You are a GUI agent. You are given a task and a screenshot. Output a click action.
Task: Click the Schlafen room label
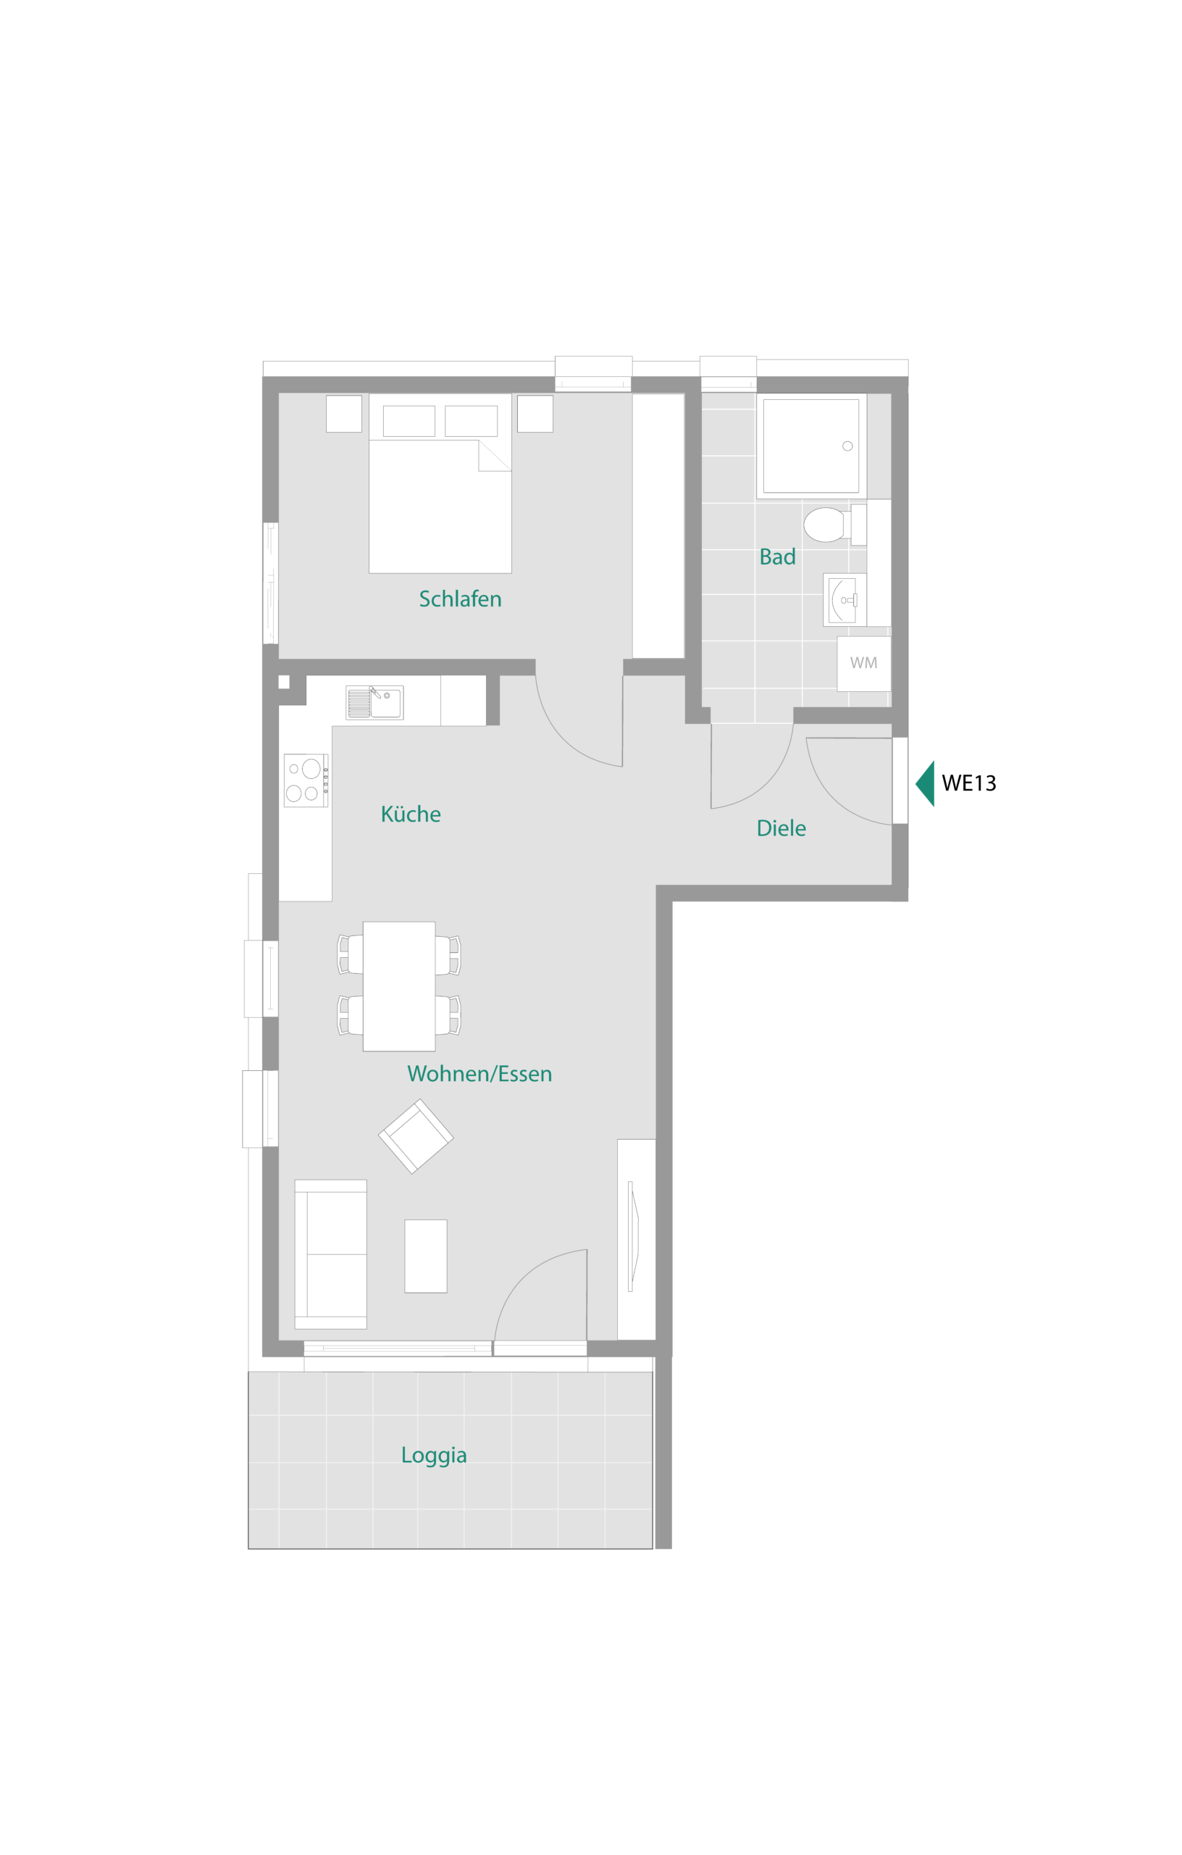pyautogui.click(x=460, y=599)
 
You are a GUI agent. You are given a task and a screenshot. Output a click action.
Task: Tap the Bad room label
pyautogui.click(x=777, y=556)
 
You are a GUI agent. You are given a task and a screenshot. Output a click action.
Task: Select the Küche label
pyautogui.click(x=411, y=814)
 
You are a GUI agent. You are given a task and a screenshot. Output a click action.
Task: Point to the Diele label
pyautogui.click(x=781, y=828)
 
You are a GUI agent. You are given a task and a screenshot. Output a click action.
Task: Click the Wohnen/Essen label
pyautogui.click(x=479, y=1074)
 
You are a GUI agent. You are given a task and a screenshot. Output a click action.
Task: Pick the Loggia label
pyautogui.click(x=434, y=1455)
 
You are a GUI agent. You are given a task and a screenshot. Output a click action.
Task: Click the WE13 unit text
pyautogui.click(x=968, y=783)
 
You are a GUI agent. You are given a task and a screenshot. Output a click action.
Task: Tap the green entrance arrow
pyautogui.click(x=926, y=783)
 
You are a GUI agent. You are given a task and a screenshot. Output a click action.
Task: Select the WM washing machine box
pyautogui.click(x=863, y=663)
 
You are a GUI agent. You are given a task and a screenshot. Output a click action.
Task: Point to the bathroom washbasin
pyautogui.click(x=844, y=599)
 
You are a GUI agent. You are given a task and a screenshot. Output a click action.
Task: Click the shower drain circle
pyautogui.click(x=847, y=446)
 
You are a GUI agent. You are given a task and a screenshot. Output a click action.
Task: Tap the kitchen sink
pyautogui.click(x=374, y=703)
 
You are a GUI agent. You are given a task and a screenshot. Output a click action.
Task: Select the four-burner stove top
pyautogui.click(x=306, y=780)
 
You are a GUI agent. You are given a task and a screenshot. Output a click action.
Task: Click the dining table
pyautogui.click(x=399, y=986)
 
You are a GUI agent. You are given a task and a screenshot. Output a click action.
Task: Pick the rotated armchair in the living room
pyautogui.click(x=416, y=1136)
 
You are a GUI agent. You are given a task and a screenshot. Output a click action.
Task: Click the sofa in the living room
pyautogui.click(x=330, y=1254)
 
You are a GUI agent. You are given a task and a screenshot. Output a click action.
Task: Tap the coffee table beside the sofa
pyautogui.click(x=426, y=1256)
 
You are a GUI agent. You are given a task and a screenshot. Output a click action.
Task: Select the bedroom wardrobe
pyautogui.click(x=658, y=526)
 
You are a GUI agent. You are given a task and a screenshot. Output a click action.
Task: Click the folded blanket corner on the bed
pyautogui.click(x=495, y=455)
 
